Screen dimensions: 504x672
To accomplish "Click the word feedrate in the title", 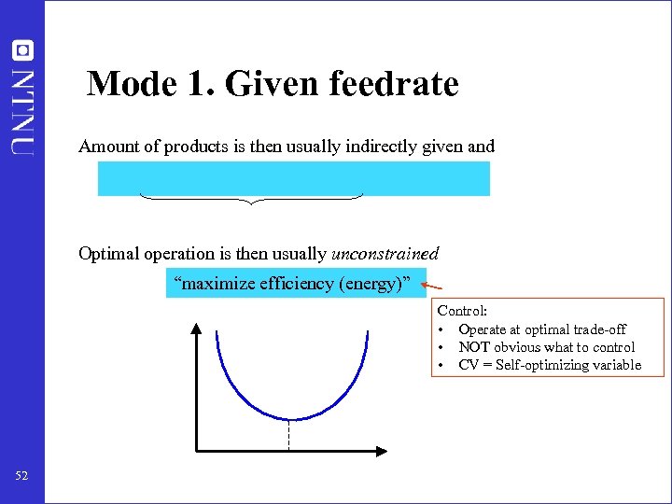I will pos(394,85).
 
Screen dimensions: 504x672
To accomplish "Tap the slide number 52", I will pos(22,477).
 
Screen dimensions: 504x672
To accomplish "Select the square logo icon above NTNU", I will pos(22,50).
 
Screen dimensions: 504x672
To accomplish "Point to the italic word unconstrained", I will pos(383,254).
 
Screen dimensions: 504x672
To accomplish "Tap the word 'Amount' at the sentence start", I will pos(107,147).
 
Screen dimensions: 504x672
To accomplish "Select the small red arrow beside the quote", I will pos(431,288).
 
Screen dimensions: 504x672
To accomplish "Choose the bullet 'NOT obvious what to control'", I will pos(546,347).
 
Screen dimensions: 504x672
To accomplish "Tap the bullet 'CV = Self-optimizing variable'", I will pos(550,365).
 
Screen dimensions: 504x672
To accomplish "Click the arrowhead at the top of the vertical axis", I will pos(198,327).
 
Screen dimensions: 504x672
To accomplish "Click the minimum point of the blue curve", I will pos(290,419).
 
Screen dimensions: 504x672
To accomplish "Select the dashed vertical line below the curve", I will pos(290,436).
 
